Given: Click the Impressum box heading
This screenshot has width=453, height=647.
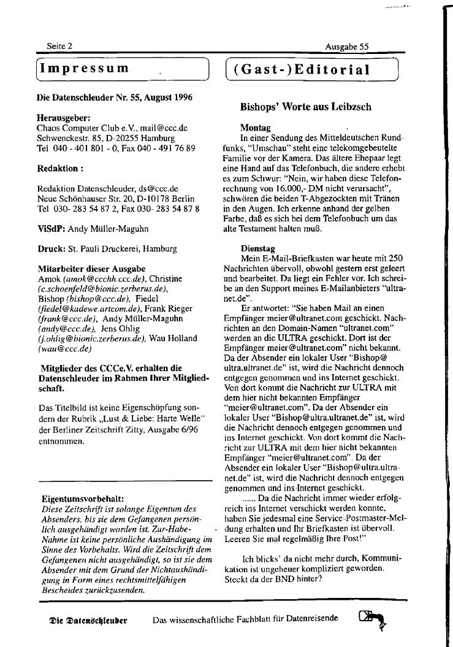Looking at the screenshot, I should (x=85, y=68).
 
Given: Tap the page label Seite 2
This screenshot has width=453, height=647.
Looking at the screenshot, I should (x=59, y=46).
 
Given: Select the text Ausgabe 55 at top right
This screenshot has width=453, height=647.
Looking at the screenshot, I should (x=347, y=46).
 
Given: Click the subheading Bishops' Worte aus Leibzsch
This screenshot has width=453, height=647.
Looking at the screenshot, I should (x=305, y=106).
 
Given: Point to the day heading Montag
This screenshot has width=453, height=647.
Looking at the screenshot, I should (x=255, y=129).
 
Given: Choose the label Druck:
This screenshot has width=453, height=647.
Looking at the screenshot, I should (x=50, y=248).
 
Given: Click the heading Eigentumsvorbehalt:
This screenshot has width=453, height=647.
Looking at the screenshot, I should (x=83, y=499).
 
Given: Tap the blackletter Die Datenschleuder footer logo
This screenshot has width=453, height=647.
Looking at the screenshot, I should (x=88, y=620).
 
